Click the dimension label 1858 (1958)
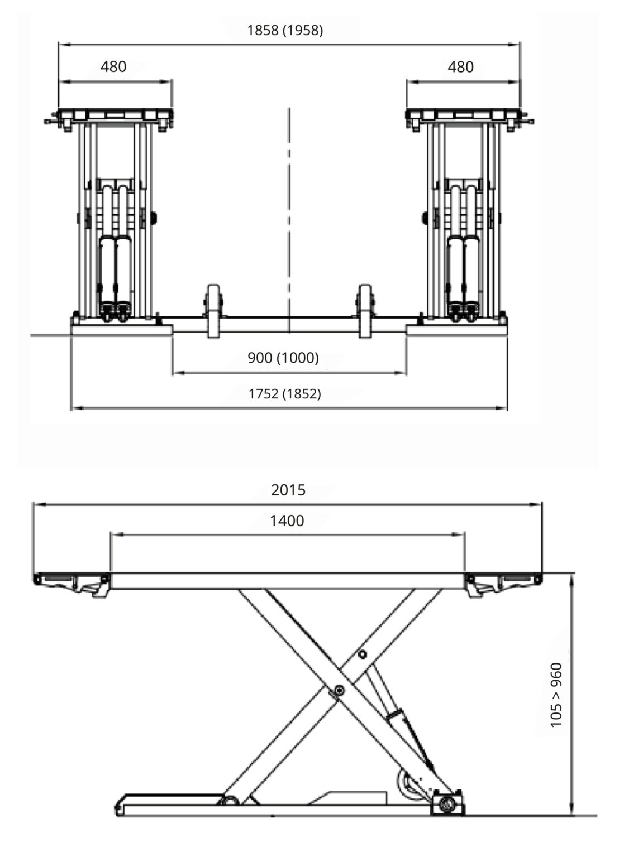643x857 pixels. click(x=285, y=31)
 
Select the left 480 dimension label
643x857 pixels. click(x=113, y=67)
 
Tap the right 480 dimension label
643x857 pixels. click(x=460, y=67)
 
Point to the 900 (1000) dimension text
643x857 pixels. click(x=283, y=358)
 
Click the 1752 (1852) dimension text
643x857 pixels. click(x=284, y=394)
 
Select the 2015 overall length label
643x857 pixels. click(x=288, y=490)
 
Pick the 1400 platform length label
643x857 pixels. click(x=287, y=521)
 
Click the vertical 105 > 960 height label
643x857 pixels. click(x=556, y=695)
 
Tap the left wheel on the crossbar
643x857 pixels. click(x=213, y=311)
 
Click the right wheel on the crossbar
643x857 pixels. click(x=365, y=311)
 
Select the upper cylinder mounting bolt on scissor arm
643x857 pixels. click(x=363, y=654)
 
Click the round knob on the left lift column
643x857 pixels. click(x=154, y=218)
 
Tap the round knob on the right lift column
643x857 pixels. click(x=425, y=218)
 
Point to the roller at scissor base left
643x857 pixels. click(x=228, y=801)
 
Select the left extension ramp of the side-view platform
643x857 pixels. click(x=72, y=583)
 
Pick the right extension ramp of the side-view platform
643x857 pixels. click(x=503, y=583)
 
